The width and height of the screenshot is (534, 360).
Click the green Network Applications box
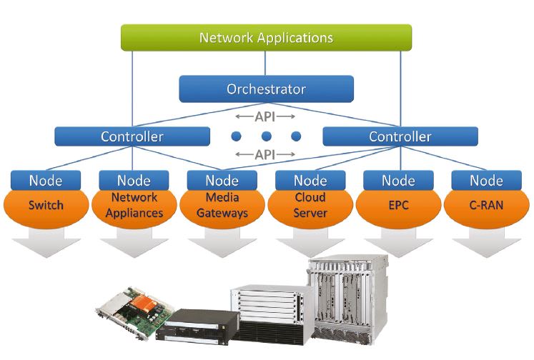[266, 37]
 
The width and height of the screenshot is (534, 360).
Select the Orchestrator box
[266, 90]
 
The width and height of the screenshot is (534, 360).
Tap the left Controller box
[132, 136]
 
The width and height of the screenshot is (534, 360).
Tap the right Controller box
[400, 136]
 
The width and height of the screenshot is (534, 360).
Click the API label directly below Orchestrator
[265, 114]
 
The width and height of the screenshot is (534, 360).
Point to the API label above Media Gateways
[265, 154]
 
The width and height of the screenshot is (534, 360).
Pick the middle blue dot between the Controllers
[266, 136]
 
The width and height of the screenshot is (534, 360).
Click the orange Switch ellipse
[46, 206]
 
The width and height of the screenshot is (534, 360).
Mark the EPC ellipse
[398, 206]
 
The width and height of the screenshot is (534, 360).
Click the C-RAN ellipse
[486, 206]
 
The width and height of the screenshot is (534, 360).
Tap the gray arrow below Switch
[46, 243]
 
